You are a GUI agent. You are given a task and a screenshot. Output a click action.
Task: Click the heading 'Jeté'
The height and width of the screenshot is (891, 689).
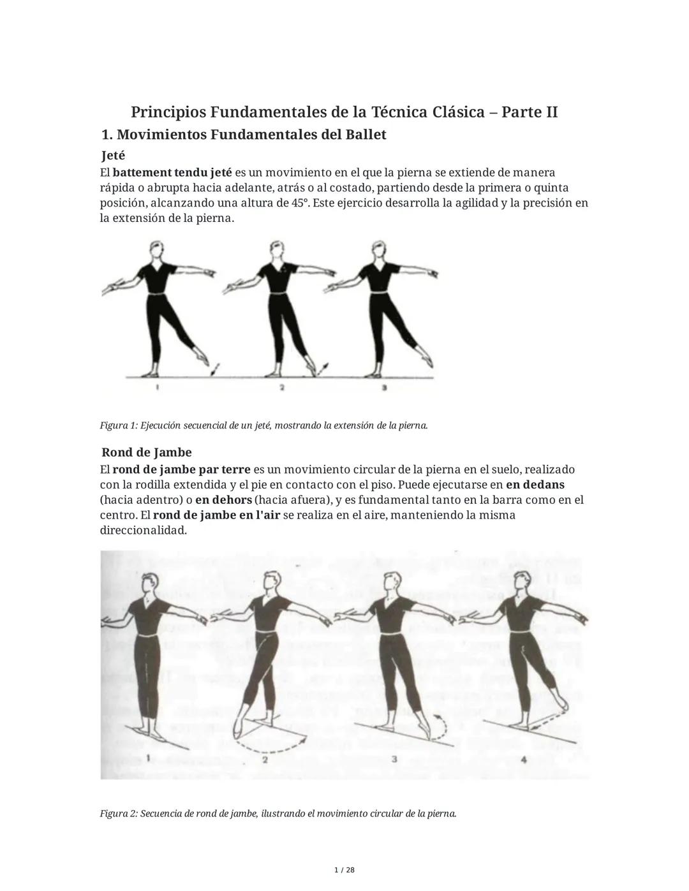tap(114, 156)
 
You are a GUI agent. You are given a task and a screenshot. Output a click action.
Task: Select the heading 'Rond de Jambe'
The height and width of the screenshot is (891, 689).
tap(147, 453)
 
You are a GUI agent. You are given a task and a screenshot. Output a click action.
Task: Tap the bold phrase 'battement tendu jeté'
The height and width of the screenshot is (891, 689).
tap(172, 173)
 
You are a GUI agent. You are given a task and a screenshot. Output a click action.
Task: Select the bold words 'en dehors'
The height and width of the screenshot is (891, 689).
tap(223, 500)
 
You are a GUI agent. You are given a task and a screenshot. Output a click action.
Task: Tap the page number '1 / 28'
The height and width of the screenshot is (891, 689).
tap(344, 870)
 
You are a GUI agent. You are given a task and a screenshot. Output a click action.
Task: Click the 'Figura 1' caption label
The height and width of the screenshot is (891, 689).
tap(118, 425)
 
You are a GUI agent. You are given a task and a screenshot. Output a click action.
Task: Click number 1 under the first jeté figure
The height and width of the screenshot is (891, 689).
tap(157, 387)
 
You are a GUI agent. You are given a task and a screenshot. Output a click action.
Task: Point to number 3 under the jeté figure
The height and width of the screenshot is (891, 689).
tap(383, 387)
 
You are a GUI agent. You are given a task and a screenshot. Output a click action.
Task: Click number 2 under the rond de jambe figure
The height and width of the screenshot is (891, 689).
tap(265, 760)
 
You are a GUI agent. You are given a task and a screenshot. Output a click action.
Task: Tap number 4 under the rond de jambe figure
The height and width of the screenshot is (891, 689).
tap(524, 760)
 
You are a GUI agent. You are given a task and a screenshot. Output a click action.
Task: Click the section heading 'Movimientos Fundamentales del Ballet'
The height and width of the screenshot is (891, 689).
tap(251, 135)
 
